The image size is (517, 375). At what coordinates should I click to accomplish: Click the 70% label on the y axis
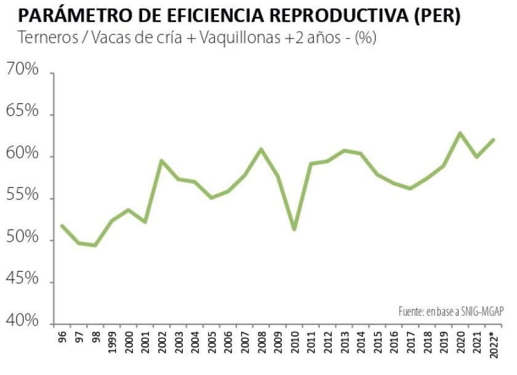pos(22,70)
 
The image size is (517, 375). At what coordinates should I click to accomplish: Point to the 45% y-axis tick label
pos(22,280)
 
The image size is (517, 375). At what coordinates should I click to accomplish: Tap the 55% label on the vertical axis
pos(22,196)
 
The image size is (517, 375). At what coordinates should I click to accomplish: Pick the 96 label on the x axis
pos(62,339)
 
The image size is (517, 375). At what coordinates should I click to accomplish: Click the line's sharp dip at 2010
pos(294,229)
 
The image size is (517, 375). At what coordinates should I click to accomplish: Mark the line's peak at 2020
pos(460,133)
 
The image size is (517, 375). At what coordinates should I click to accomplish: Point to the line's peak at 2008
pos(261,149)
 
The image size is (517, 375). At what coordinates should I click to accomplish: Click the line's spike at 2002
pos(161,161)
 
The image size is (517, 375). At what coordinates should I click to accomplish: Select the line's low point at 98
pos(95,245)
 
